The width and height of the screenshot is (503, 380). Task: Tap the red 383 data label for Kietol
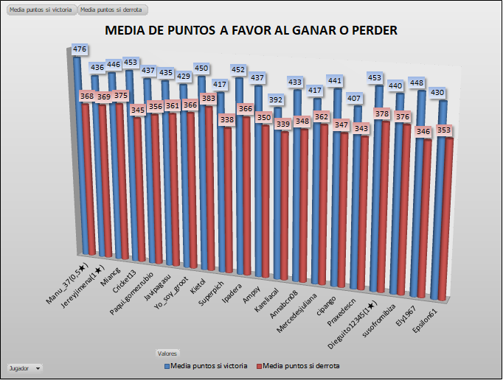coord(209,98)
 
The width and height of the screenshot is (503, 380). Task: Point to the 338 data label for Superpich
coord(228,119)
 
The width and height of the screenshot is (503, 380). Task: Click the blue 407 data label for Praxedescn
coord(355,99)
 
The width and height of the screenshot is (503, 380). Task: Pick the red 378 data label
coord(381,114)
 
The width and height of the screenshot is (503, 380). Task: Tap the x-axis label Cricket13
coord(125,286)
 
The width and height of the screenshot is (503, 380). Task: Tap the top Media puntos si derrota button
coord(112,10)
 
